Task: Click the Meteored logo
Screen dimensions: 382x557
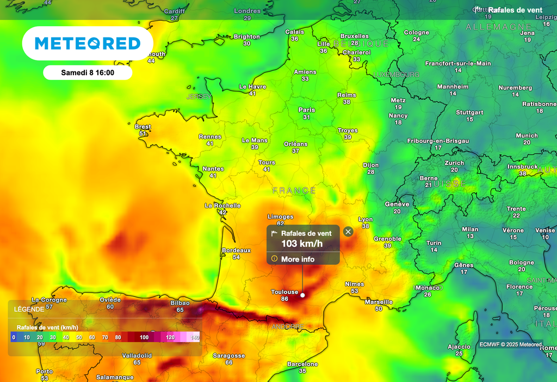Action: (88, 44)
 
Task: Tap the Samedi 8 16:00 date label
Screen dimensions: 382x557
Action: (88, 72)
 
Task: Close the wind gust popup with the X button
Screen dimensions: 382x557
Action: (348, 232)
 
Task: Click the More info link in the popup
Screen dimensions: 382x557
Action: (298, 259)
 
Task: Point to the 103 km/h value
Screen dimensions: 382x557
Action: (302, 244)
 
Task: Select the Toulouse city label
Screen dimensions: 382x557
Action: (285, 292)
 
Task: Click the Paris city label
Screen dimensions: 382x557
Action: (307, 110)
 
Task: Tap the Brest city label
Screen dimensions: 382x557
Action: (143, 126)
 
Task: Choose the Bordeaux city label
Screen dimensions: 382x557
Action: (236, 250)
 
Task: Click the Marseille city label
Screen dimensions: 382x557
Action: (379, 301)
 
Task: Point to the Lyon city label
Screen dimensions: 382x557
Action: (366, 219)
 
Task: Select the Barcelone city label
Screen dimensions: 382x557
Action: (302, 364)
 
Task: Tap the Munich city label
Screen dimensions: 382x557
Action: (527, 135)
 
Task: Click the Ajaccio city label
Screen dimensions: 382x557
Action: (459, 347)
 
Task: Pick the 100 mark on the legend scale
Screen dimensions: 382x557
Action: (144, 337)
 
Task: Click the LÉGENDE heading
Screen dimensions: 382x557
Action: (30, 309)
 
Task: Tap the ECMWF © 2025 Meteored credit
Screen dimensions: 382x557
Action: (510, 344)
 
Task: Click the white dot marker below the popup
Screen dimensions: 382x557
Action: (302, 295)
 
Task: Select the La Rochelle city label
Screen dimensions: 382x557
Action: (222, 205)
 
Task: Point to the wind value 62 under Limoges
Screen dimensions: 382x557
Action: (281, 223)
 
